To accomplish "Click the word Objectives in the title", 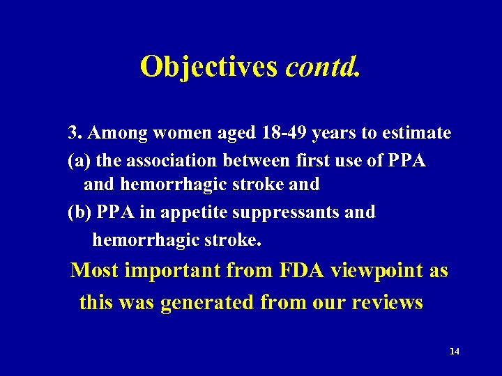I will [209, 66].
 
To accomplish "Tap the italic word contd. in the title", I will [324, 66].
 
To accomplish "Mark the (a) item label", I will [79, 161].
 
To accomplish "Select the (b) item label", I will [79, 212].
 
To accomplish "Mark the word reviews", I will [388, 303].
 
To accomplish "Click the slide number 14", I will [455, 352].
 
